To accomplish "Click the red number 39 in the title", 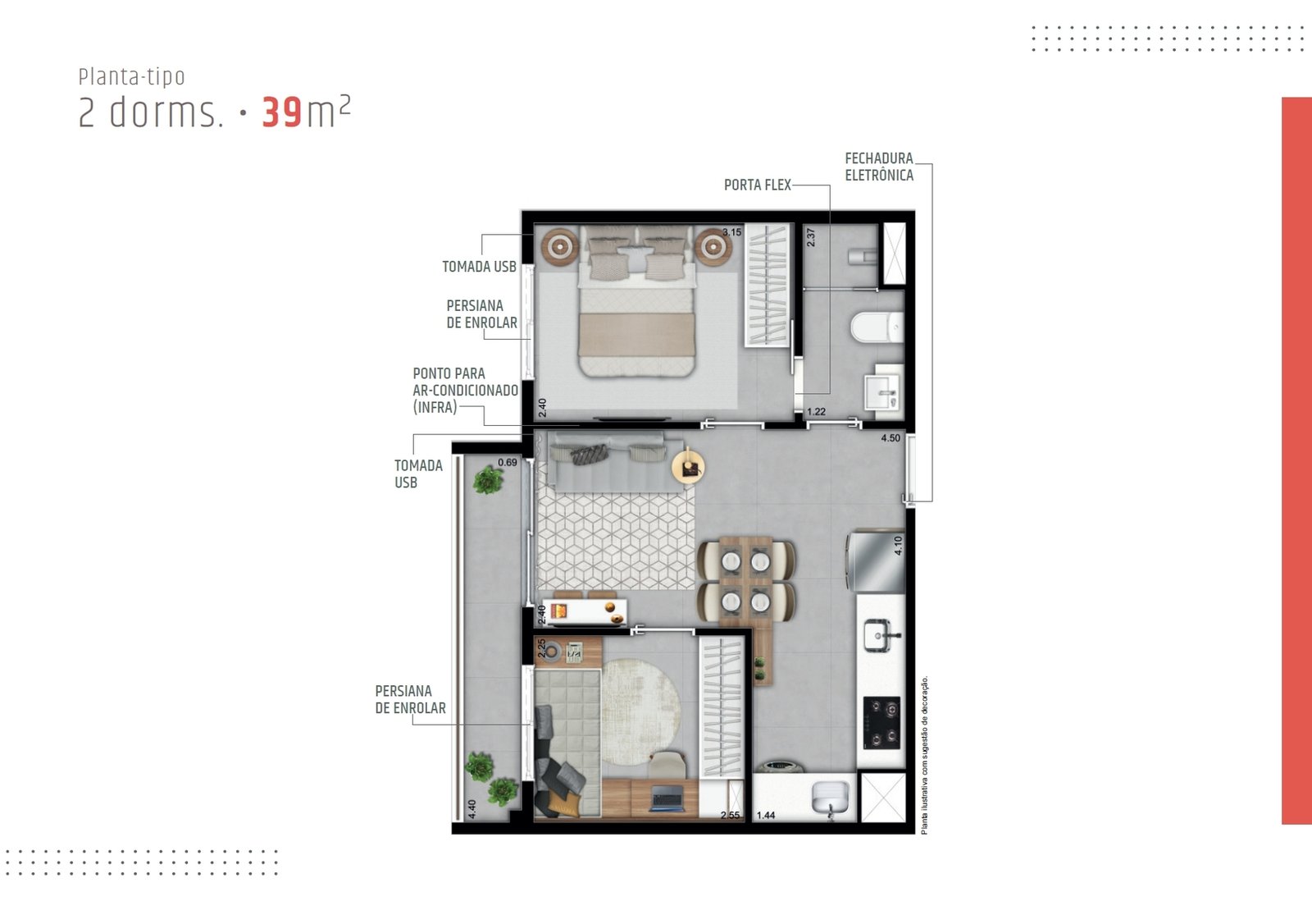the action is pos(282,112).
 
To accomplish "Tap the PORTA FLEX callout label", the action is pos(758,185).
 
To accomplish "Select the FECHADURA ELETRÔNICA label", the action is pos(878,167).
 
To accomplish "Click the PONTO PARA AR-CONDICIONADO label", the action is pos(465,390).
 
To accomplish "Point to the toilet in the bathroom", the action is pos(877,327).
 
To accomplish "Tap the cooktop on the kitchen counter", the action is pos(881,723).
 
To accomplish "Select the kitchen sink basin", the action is pos(881,635).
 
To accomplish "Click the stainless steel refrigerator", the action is pos(876,561).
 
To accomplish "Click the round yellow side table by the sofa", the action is pos(688,468).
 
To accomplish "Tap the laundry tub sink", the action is pos(830,798).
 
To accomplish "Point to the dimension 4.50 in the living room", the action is pos(891,438).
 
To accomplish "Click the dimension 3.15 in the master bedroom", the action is pos(731,232).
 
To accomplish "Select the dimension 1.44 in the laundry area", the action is pos(766,816).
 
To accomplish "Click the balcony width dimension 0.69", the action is pos(508,463).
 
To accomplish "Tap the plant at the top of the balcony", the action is pos(487,480).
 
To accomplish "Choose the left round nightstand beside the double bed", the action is pos(560,247).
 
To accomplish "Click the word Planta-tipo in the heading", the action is pos(132,77).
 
